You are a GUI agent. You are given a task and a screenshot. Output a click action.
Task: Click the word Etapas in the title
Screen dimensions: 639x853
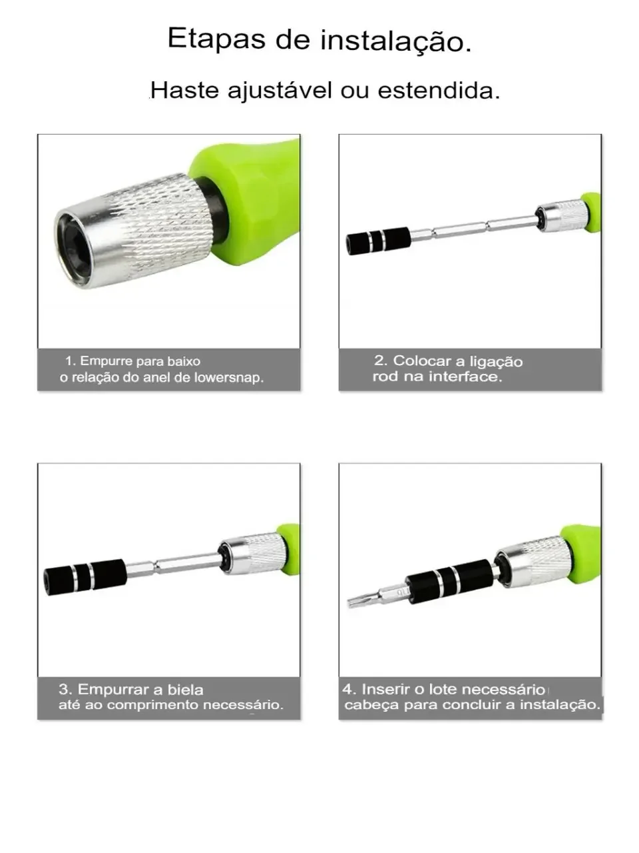(216, 39)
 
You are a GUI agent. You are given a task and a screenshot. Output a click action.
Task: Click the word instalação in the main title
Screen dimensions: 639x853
(396, 41)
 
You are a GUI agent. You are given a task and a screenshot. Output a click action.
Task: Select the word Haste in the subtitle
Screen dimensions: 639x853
(184, 90)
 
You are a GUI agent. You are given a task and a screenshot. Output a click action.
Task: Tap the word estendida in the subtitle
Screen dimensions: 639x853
(439, 90)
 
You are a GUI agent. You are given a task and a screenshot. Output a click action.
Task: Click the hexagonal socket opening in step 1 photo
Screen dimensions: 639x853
(74, 248)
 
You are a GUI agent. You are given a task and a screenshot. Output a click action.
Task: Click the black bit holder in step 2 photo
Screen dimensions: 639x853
(378, 241)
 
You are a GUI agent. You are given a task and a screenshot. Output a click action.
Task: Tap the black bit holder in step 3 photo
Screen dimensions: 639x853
(85, 577)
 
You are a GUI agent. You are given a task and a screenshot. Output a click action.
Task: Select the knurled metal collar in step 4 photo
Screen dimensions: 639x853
(532, 562)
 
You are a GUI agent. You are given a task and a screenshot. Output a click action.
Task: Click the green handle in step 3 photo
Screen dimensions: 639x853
(289, 548)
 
